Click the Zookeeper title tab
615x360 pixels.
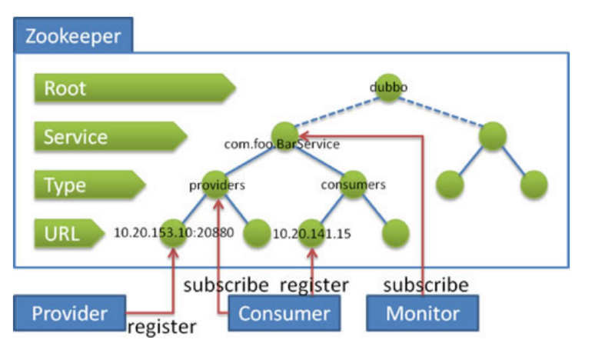(x=73, y=35)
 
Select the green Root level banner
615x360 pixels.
(x=135, y=88)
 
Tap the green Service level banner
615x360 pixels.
(x=111, y=136)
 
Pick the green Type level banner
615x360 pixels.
(x=90, y=185)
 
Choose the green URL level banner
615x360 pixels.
(x=69, y=234)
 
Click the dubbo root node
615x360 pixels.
(x=388, y=88)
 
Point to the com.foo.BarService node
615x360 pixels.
(x=285, y=136)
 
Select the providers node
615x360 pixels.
(x=215, y=185)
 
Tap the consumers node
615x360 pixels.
(x=353, y=185)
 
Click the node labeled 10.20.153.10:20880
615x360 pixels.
(x=173, y=233)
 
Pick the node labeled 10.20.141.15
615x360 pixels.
(x=311, y=233)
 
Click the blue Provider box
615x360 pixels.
(x=69, y=313)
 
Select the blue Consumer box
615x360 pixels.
(x=284, y=313)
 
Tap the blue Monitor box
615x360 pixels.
(x=422, y=313)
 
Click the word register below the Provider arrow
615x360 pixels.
(x=161, y=327)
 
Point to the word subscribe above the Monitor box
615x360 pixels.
(x=426, y=285)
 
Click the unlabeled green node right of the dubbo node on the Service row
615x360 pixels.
(x=493, y=136)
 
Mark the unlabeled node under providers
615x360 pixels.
(x=257, y=233)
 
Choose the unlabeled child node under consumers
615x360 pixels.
(x=396, y=233)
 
